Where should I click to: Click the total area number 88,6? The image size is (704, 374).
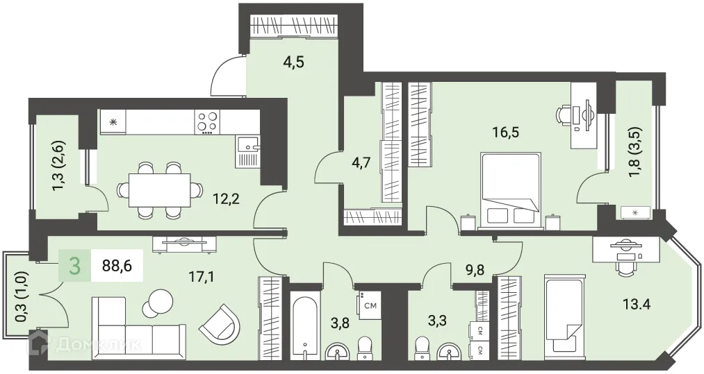pyautogui.click(x=116, y=265)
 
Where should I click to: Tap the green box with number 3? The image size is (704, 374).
pyautogui.click(x=75, y=266)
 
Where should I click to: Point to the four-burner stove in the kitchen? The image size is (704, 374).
pyautogui.click(x=208, y=122)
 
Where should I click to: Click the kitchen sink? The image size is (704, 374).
pyautogui.click(x=247, y=144)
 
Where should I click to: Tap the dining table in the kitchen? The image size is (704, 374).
pyautogui.click(x=159, y=190)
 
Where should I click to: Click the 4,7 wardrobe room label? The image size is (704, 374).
pyautogui.click(x=361, y=162)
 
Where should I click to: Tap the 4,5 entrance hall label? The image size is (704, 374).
pyautogui.click(x=294, y=62)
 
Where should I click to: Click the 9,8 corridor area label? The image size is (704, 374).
pyautogui.click(x=475, y=270)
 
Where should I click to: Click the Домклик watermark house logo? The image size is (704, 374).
pyautogui.click(x=38, y=343)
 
